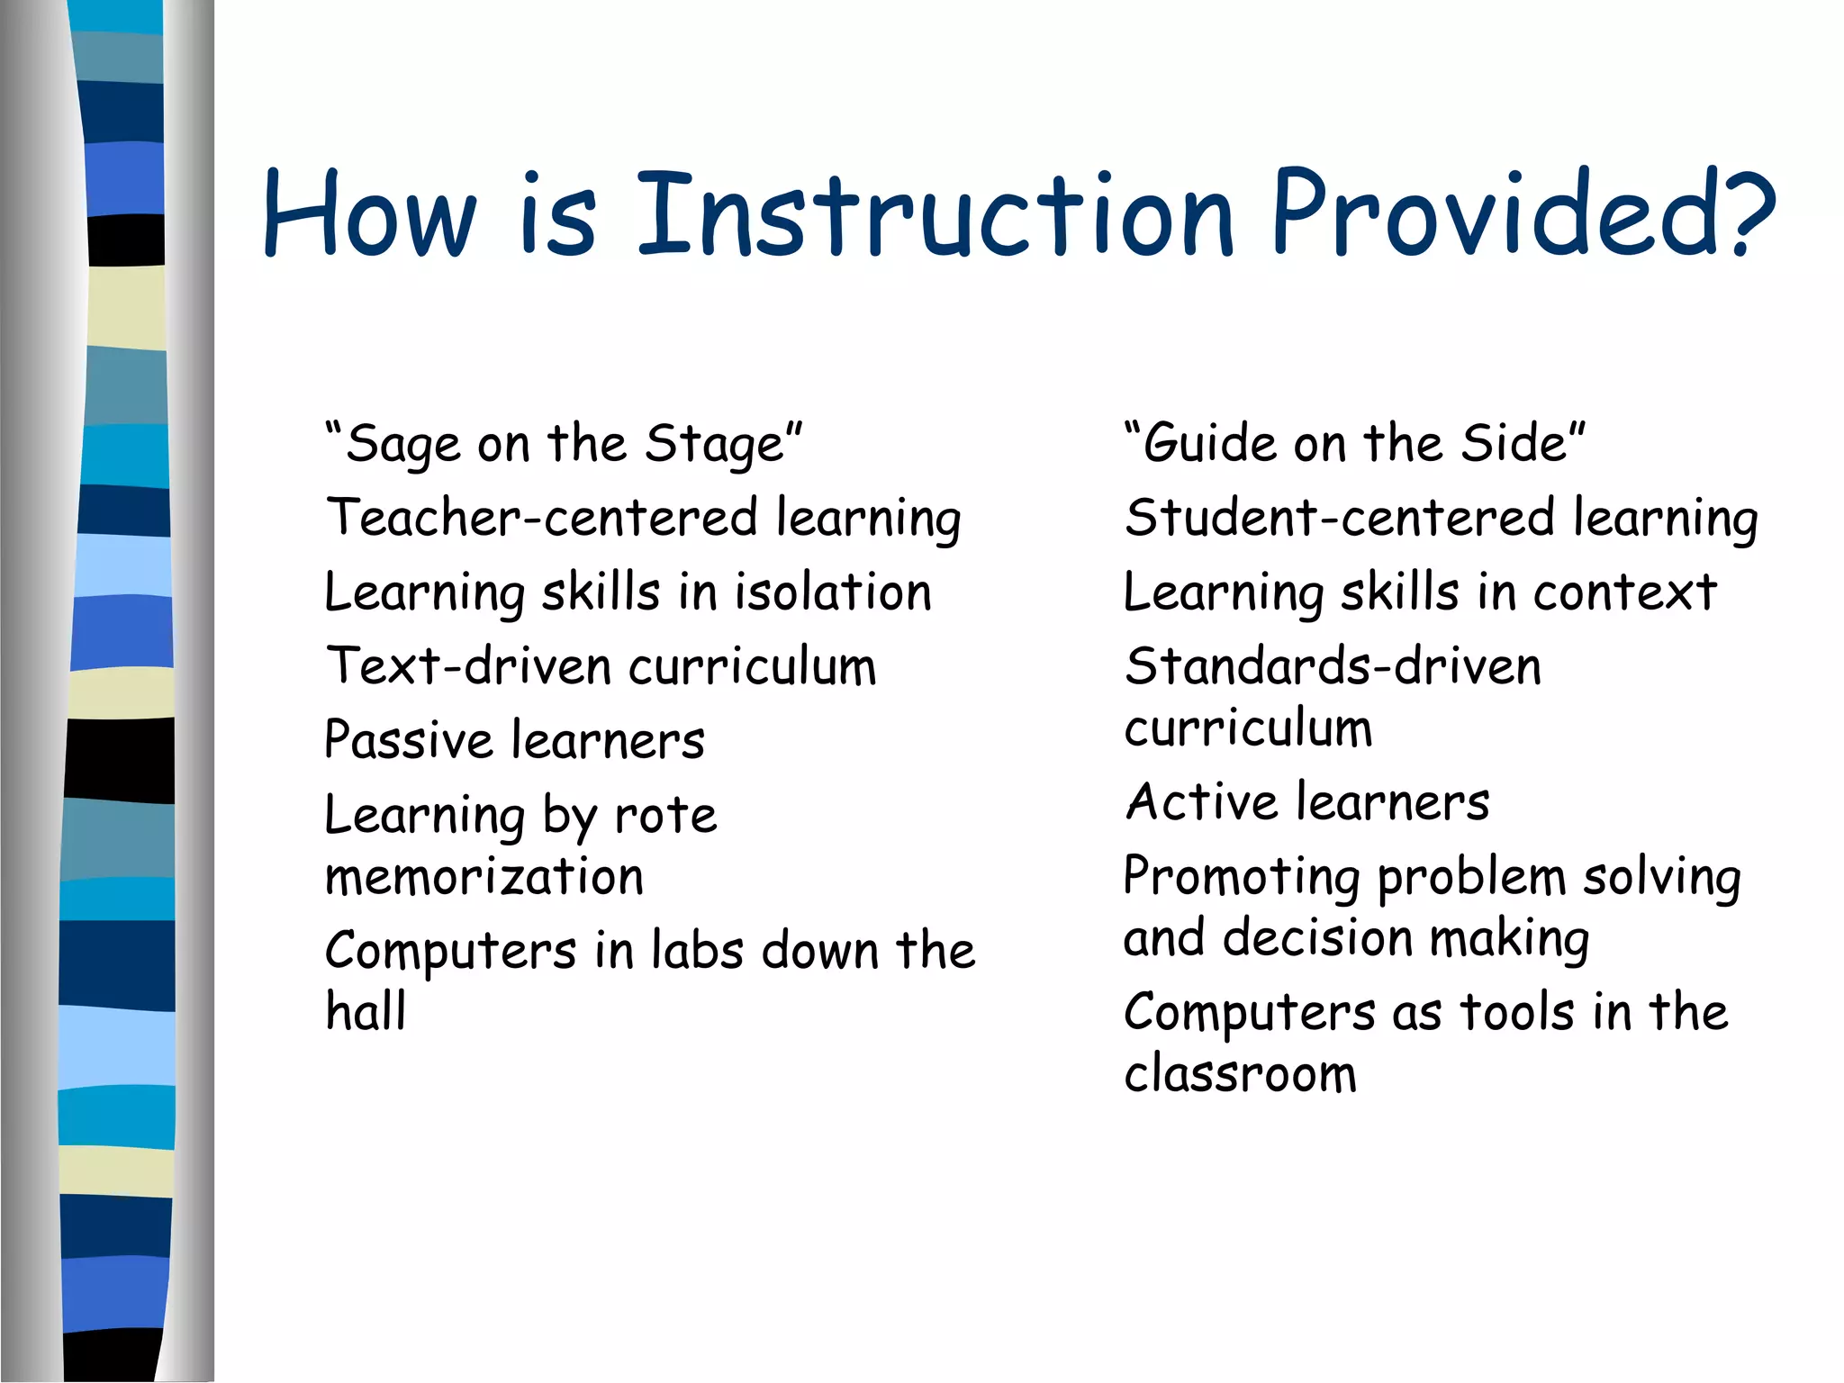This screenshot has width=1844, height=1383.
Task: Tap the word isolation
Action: [x=833, y=592]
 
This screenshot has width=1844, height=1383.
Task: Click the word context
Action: [x=1624, y=592]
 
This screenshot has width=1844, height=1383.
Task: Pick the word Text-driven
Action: [x=468, y=667]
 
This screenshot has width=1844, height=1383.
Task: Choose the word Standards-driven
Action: [x=1333, y=667]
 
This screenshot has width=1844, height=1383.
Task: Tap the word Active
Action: [x=1201, y=801]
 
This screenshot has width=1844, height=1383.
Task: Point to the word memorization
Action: [x=484, y=877]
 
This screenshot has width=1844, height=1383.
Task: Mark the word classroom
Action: [x=1240, y=1073]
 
